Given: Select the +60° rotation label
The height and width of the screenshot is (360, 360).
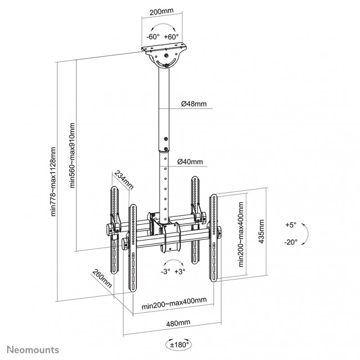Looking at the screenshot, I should click(x=171, y=36).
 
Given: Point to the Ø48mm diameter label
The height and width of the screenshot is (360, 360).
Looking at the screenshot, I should click(x=194, y=104).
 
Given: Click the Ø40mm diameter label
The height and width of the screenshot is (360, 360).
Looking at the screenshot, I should click(x=190, y=161).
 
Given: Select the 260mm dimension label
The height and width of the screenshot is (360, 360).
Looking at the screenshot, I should click(x=102, y=279).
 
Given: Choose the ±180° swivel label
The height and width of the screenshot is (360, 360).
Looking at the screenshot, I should click(x=180, y=345).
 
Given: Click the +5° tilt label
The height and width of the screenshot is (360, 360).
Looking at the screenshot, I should click(x=291, y=224).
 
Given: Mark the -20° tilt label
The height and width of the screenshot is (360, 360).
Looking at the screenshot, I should click(x=291, y=242).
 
